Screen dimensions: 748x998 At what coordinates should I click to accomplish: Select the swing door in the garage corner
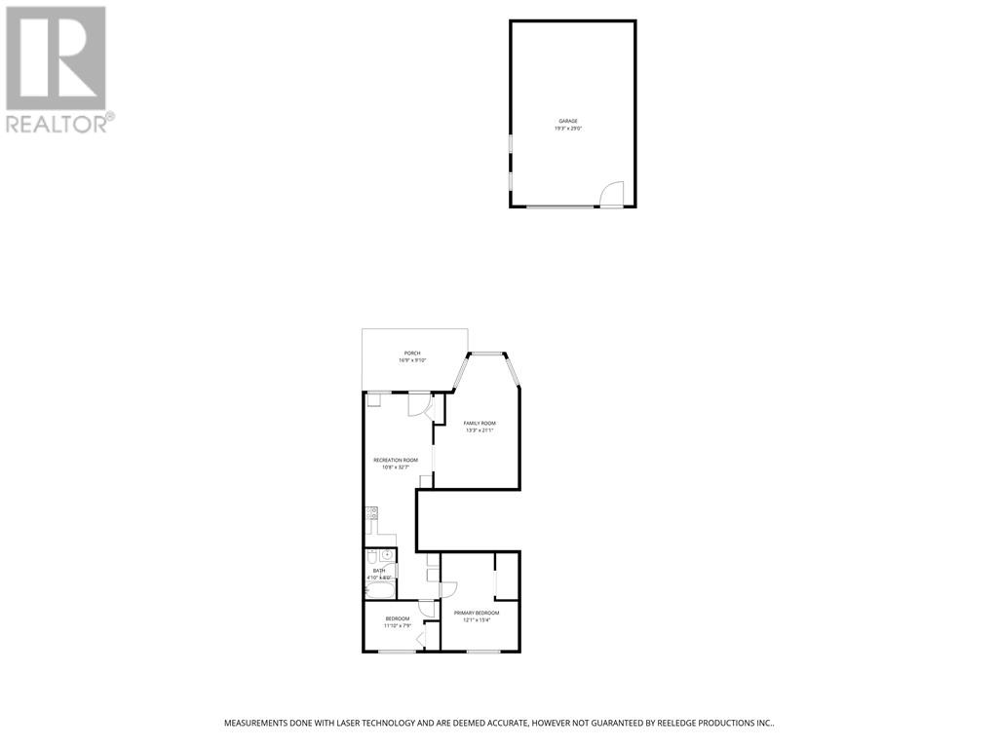[x=611, y=195]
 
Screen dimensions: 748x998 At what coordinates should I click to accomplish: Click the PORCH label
[x=412, y=353]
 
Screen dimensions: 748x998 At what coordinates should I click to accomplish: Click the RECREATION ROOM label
[x=396, y=460]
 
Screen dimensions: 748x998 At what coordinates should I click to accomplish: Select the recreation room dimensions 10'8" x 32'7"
[x=396, y=467]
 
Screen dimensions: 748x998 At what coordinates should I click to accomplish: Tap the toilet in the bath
[x=372, y=557]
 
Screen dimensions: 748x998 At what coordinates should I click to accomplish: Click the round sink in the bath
[x=387, y=555]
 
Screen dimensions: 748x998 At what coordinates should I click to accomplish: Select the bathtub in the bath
[x=378, y=590]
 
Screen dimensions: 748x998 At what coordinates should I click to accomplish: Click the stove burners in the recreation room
[x=371, y=512]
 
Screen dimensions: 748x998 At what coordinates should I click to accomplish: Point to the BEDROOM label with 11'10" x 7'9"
[x=397, y=618]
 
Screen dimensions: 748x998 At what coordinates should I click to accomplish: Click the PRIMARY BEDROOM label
[x=477, y=613]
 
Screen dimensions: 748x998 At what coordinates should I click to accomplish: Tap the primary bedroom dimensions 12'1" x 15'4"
[x=477, y=620]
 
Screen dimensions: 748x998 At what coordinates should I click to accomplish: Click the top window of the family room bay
[x=486, y=354]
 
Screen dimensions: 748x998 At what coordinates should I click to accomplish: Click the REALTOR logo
[x=57, y=69]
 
